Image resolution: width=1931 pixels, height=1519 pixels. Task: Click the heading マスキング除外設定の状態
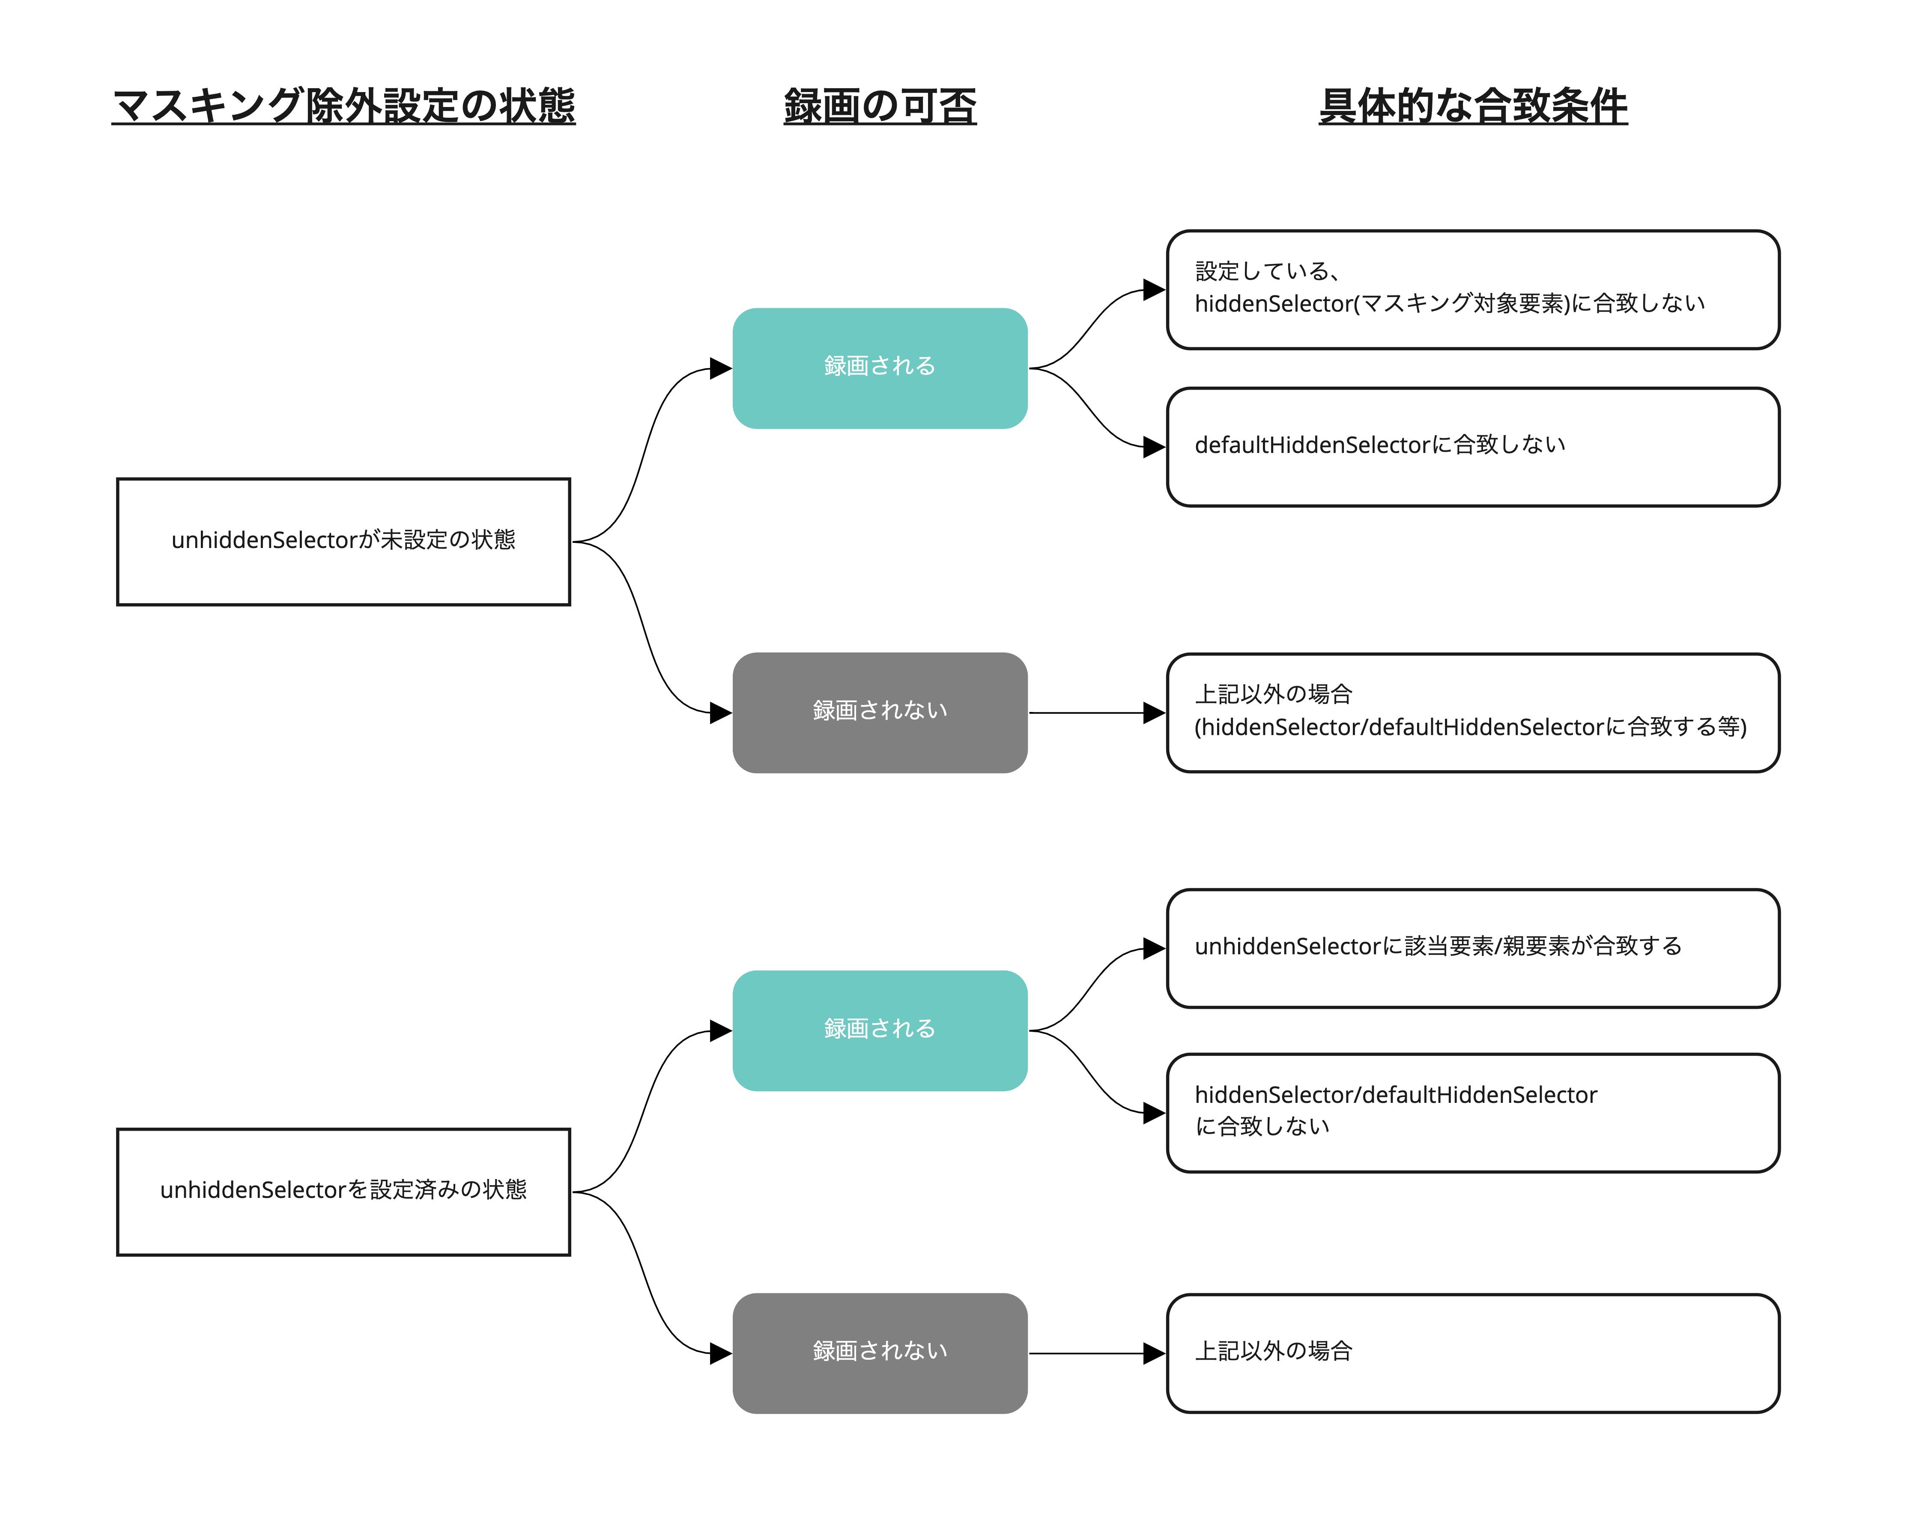[343, 106]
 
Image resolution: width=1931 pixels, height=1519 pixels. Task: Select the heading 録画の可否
[880, 106]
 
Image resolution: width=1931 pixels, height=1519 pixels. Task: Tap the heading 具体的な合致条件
[1473, 106]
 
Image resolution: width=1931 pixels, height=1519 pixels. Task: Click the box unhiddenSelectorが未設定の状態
[343, 542]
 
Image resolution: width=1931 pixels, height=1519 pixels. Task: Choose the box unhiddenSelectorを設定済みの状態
[343, 1192]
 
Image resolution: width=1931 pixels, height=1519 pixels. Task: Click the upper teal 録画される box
[880, 368]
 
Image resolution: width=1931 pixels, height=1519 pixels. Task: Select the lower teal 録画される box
[880, 1031]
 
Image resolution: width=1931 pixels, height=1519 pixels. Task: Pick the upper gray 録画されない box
[880, 712]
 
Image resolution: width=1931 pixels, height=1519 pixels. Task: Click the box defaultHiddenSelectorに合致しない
[1473, 447]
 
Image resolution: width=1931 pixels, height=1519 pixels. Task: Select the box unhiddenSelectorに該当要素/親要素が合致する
[1473, 948]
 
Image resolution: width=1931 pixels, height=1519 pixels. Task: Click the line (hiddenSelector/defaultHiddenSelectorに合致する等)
[1470, 727]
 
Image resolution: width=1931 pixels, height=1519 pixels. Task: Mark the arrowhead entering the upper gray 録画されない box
[720, 712]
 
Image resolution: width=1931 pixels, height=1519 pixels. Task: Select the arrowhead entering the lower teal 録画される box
[720, 1031]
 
